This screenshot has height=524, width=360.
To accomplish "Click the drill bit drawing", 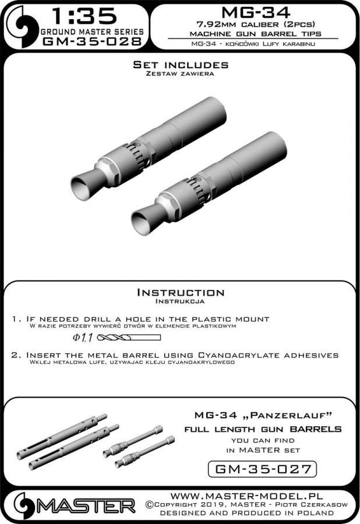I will point(129,338).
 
